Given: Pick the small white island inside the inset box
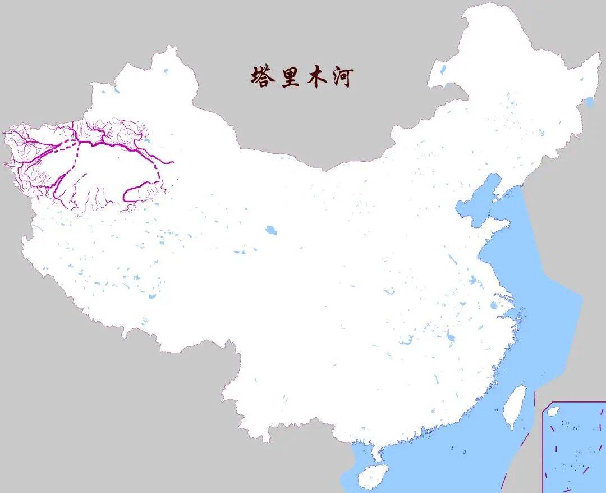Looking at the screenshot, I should pos(552,412).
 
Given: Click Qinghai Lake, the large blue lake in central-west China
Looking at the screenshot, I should pos(272,230).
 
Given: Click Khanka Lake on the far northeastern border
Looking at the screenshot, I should pos(589,102).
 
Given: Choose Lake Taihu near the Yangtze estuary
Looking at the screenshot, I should pos(493,306).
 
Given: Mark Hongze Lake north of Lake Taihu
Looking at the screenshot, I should pos(472,281).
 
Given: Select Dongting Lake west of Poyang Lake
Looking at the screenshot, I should pos(405,340).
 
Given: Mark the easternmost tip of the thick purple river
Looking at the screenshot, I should pos(173,162).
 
